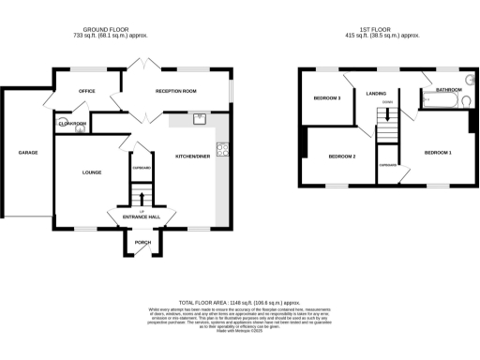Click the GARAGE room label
(x=27, y=151)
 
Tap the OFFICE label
(x=87, y=91)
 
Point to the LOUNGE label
(x=91, y=172)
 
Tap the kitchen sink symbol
(x=200, y=119)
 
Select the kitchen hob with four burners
(x=222, y=148)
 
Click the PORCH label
(x=142, y=242)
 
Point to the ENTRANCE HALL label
(x=142, y=217)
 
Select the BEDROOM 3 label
(x=326, y=97)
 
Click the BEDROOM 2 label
(x=340, y=156)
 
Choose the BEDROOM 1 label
(x=437, y=152)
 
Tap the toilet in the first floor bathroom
(x=465, y=82)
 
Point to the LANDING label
(x=376, y=93)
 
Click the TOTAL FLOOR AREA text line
(x=240, y=303)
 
